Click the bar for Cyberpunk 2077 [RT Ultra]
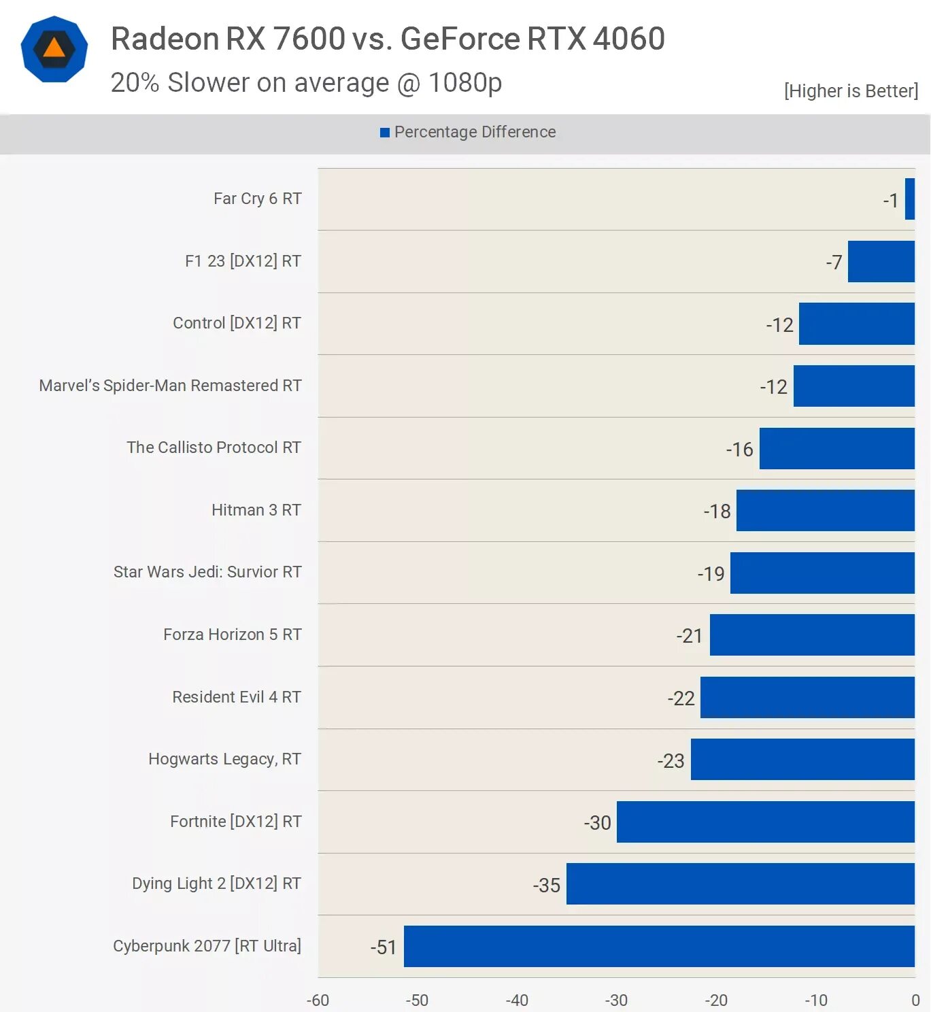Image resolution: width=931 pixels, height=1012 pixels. pos(658,946)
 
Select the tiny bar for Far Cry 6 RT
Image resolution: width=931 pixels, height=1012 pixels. pos(909,199)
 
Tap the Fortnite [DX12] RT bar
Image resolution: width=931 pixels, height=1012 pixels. pos(765,822)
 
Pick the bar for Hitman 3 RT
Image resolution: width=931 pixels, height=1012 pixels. pos(825,511)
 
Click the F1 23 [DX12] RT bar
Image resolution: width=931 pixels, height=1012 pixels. pos(881,261)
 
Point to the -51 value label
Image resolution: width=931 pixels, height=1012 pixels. pos(384,947)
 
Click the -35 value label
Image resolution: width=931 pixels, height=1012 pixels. pos(546,885)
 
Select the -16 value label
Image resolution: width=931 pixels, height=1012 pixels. pos(739,450)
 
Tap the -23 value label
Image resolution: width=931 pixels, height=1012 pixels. pos(671,760)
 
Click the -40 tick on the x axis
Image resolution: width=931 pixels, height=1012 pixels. pos(517,1000)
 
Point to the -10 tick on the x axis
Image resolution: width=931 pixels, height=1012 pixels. pos(815,1000)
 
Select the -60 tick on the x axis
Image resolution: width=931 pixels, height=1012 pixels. pos(318,1000)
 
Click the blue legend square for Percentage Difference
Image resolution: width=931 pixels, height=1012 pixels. pos(385,133)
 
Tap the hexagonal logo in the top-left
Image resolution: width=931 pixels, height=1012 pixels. pos(54,49)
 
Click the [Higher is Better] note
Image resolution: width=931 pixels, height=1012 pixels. pos(851,91)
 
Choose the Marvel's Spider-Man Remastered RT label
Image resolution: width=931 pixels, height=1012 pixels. pos(170,386)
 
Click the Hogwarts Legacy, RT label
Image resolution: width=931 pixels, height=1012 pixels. pos(224,759)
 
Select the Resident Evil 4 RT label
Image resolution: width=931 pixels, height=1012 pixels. pos(236,697)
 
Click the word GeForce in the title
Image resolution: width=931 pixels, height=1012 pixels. pos(460,39)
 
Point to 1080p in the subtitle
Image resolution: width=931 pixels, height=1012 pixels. pos(465,83)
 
